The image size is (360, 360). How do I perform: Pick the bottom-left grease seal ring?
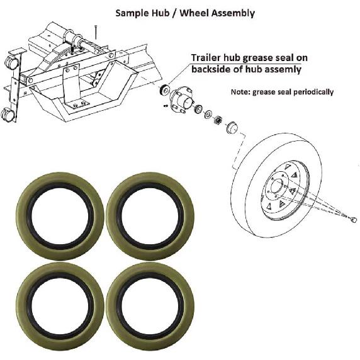click(x=60, y=297)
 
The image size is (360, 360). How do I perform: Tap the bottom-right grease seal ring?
click(x=150, y=297)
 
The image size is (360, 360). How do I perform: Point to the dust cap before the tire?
click(x=230, y=128)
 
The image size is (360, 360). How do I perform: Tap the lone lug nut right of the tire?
click(x=353, y=219)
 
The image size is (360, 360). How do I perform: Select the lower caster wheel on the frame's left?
click(x=8, y=115)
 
